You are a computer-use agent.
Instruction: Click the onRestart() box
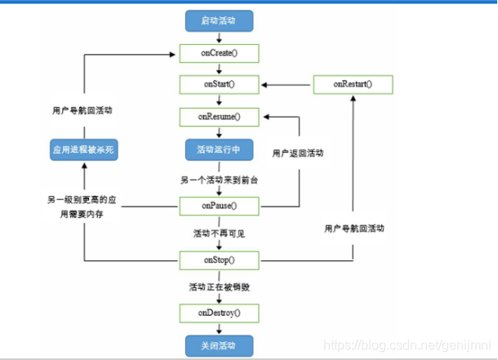(353, 85)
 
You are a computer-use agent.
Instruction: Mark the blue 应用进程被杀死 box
(83, 150)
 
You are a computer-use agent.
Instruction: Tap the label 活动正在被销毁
(219, 287)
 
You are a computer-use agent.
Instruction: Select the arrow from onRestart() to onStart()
(286, 85)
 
